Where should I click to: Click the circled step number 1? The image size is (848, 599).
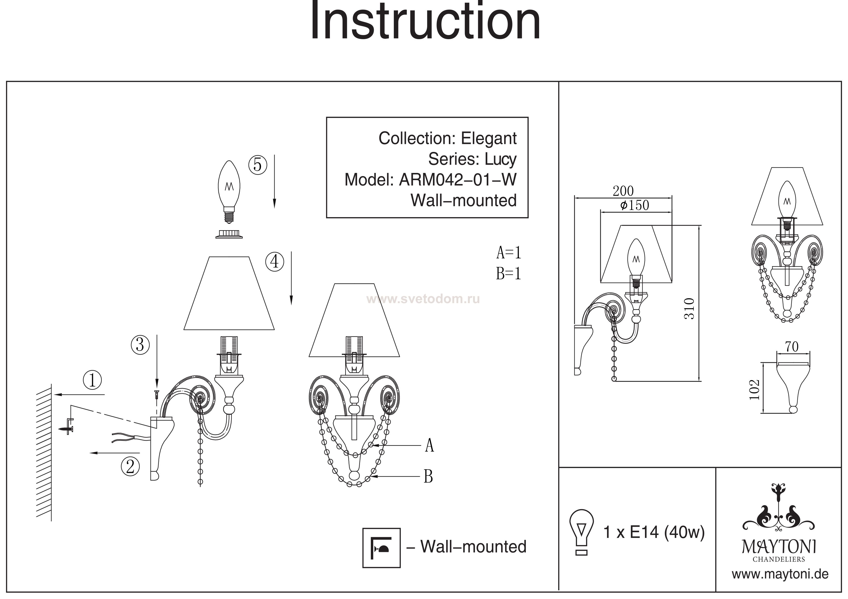tap(92, 380)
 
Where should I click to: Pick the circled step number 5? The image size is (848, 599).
tap(258, 165)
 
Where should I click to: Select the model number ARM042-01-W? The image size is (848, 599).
tap(458, 180)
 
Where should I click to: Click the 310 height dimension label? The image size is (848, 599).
tap(689, 308)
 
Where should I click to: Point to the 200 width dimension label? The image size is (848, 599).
tap(623, 191)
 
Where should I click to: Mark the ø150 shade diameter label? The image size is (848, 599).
tap(635, 205)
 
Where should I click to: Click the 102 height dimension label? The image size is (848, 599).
tap(754, 390)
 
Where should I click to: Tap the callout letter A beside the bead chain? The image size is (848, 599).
tap(429, 445)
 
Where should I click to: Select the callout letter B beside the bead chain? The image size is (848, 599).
tap(428, 477)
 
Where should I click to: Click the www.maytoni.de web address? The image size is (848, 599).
tap(780, 575)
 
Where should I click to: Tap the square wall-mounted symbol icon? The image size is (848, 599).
tap(381, 548)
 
